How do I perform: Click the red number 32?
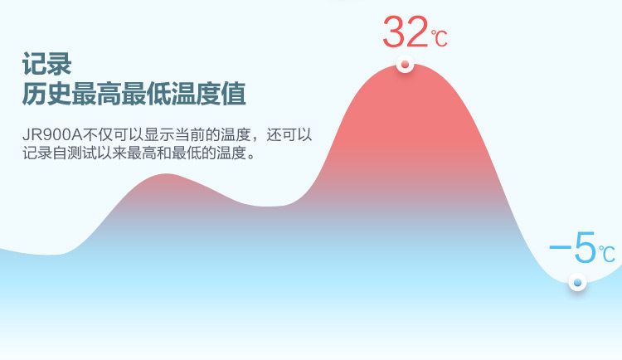coord(406,32)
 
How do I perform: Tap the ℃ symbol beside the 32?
coord(440,38)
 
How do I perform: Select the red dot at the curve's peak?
coord(405,65)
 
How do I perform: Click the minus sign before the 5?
coord(560,247)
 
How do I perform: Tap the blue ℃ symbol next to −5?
coord(607,254)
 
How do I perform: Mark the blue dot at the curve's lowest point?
coord(577,283)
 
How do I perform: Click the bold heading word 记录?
coord(46,64)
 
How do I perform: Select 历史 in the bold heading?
coord(46,94)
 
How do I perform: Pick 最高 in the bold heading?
coord(96,94)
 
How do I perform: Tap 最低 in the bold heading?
coord(146,94)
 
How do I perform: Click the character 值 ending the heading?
coord(233,94)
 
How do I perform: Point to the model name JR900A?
coord(52,135)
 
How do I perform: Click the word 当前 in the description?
coord(190,135)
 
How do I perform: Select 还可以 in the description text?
coord(289,135)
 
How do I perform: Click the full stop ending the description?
coord(250,156)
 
